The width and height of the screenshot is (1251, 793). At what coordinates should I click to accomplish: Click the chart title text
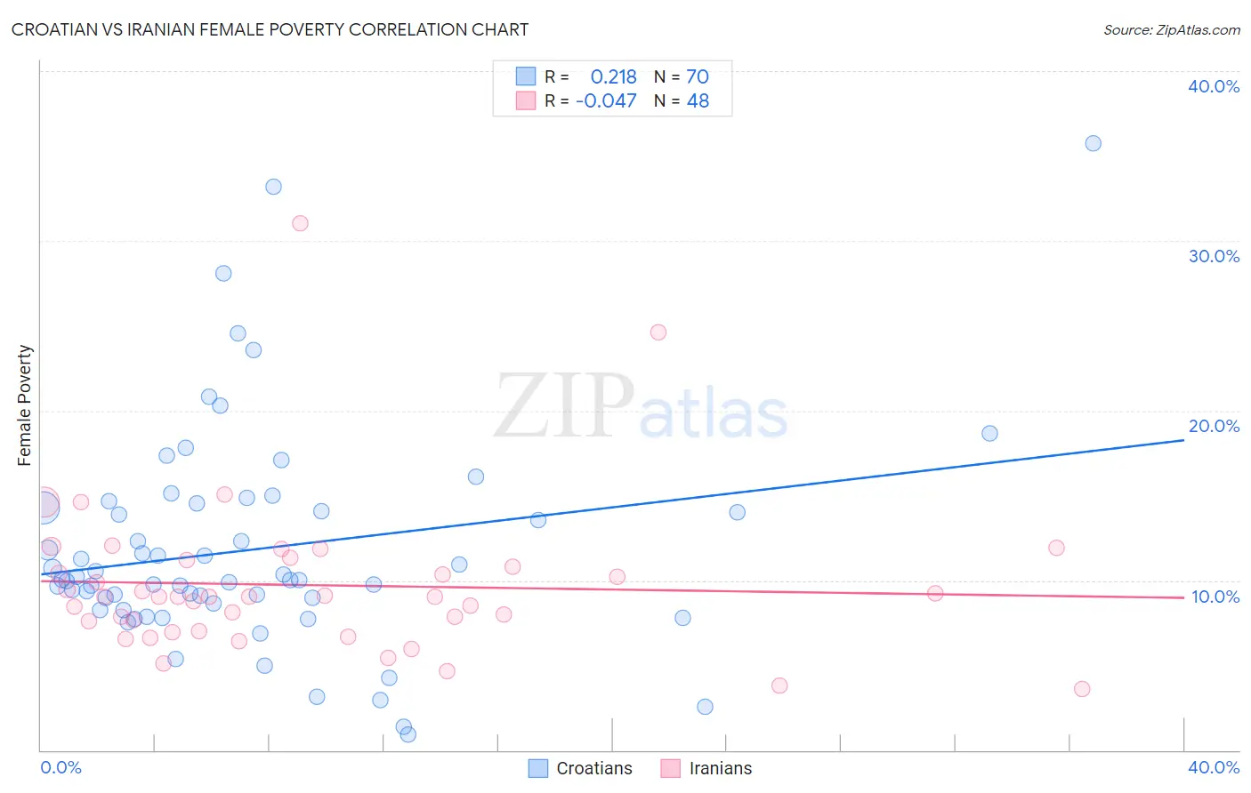click(270, 29)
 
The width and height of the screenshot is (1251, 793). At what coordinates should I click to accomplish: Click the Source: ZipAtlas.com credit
click(1171, 29)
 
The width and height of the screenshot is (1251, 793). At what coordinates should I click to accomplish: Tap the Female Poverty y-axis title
click(25, 405)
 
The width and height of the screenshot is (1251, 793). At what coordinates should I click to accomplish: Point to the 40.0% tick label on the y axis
click(1213, 86)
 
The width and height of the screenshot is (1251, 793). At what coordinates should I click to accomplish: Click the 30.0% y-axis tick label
click(1213, 256)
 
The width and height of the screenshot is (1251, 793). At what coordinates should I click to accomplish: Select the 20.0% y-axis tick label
click(1213, 426)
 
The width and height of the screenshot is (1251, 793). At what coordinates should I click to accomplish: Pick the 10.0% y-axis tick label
click(1215, 597)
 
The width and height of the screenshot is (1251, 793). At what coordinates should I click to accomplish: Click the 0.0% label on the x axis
click(61, 767)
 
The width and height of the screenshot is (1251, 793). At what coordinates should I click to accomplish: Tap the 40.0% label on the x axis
click(1213, 767)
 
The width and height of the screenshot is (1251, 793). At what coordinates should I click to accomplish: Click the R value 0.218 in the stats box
click(613, 77)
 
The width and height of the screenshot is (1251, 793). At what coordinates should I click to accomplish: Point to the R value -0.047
click(606, 101)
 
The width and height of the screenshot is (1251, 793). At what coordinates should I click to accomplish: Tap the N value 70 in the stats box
click(698, 77)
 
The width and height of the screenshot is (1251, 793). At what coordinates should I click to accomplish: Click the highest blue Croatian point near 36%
click(1093, 143)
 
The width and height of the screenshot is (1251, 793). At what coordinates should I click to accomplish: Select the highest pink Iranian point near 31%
click(300, 223)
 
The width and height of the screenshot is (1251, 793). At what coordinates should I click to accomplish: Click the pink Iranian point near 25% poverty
click(658, 332)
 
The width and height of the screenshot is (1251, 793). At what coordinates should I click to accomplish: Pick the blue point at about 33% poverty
click(273, 187)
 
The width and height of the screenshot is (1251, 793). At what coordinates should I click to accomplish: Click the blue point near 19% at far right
click(989, 434)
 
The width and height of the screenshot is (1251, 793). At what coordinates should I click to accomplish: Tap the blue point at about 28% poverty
click(223, 273)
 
